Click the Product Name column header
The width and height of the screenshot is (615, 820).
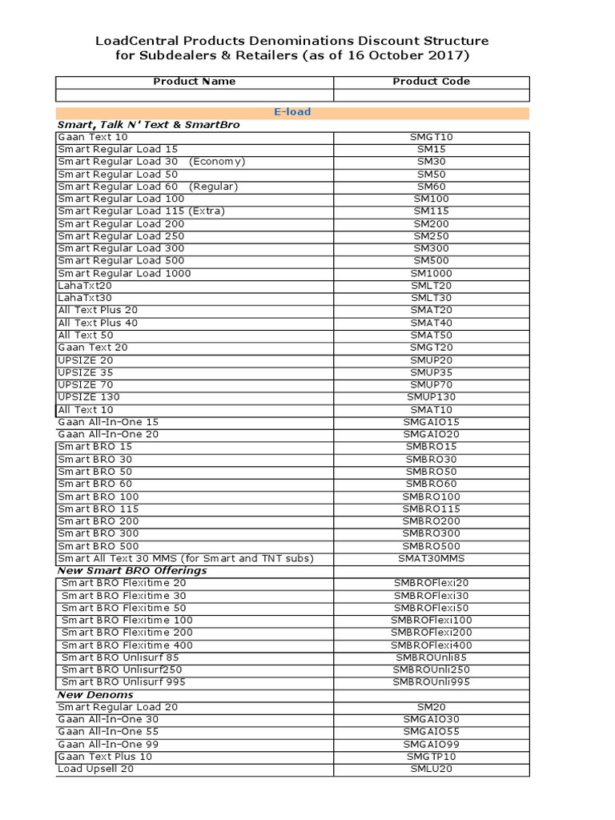coord(194,82)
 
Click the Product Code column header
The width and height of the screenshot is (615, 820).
coord(431,82)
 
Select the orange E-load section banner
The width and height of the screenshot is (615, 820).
coord(292,112)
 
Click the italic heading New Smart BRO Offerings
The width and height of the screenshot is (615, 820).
coord(132,571)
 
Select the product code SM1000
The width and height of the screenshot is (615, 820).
coord(432,274)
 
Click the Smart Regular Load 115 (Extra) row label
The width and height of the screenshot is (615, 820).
coord(142,211)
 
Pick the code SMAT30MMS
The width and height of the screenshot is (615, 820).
coord(432,559)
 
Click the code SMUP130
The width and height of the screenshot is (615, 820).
coord(432,397)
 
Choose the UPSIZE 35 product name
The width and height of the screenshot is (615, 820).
coord(86,372)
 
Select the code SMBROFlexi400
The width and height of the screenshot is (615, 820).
coord(432,645)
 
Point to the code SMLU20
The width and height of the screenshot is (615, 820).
coord(432,770)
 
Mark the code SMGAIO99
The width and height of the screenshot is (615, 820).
coord(432,745)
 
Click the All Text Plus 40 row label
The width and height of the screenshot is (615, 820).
coord(98,323)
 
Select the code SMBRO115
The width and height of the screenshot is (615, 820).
coord(432,509)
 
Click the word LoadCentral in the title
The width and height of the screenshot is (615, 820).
coord(132,41)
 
